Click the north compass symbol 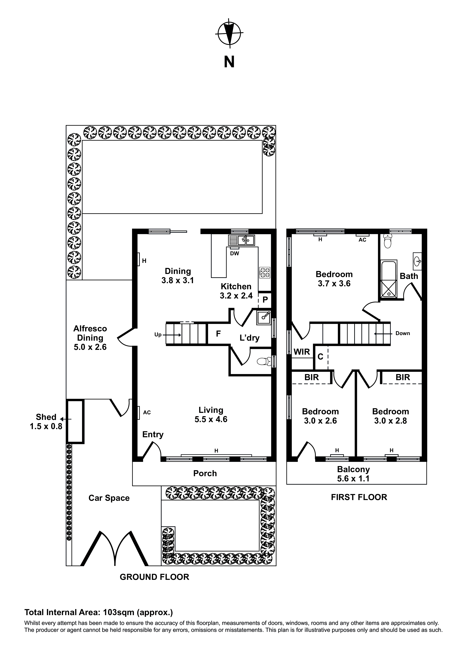229,33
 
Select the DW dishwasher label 235,253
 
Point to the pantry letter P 265,299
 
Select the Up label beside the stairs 158,335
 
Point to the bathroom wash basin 417,261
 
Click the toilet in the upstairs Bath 388,242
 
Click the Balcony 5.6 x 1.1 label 353,474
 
